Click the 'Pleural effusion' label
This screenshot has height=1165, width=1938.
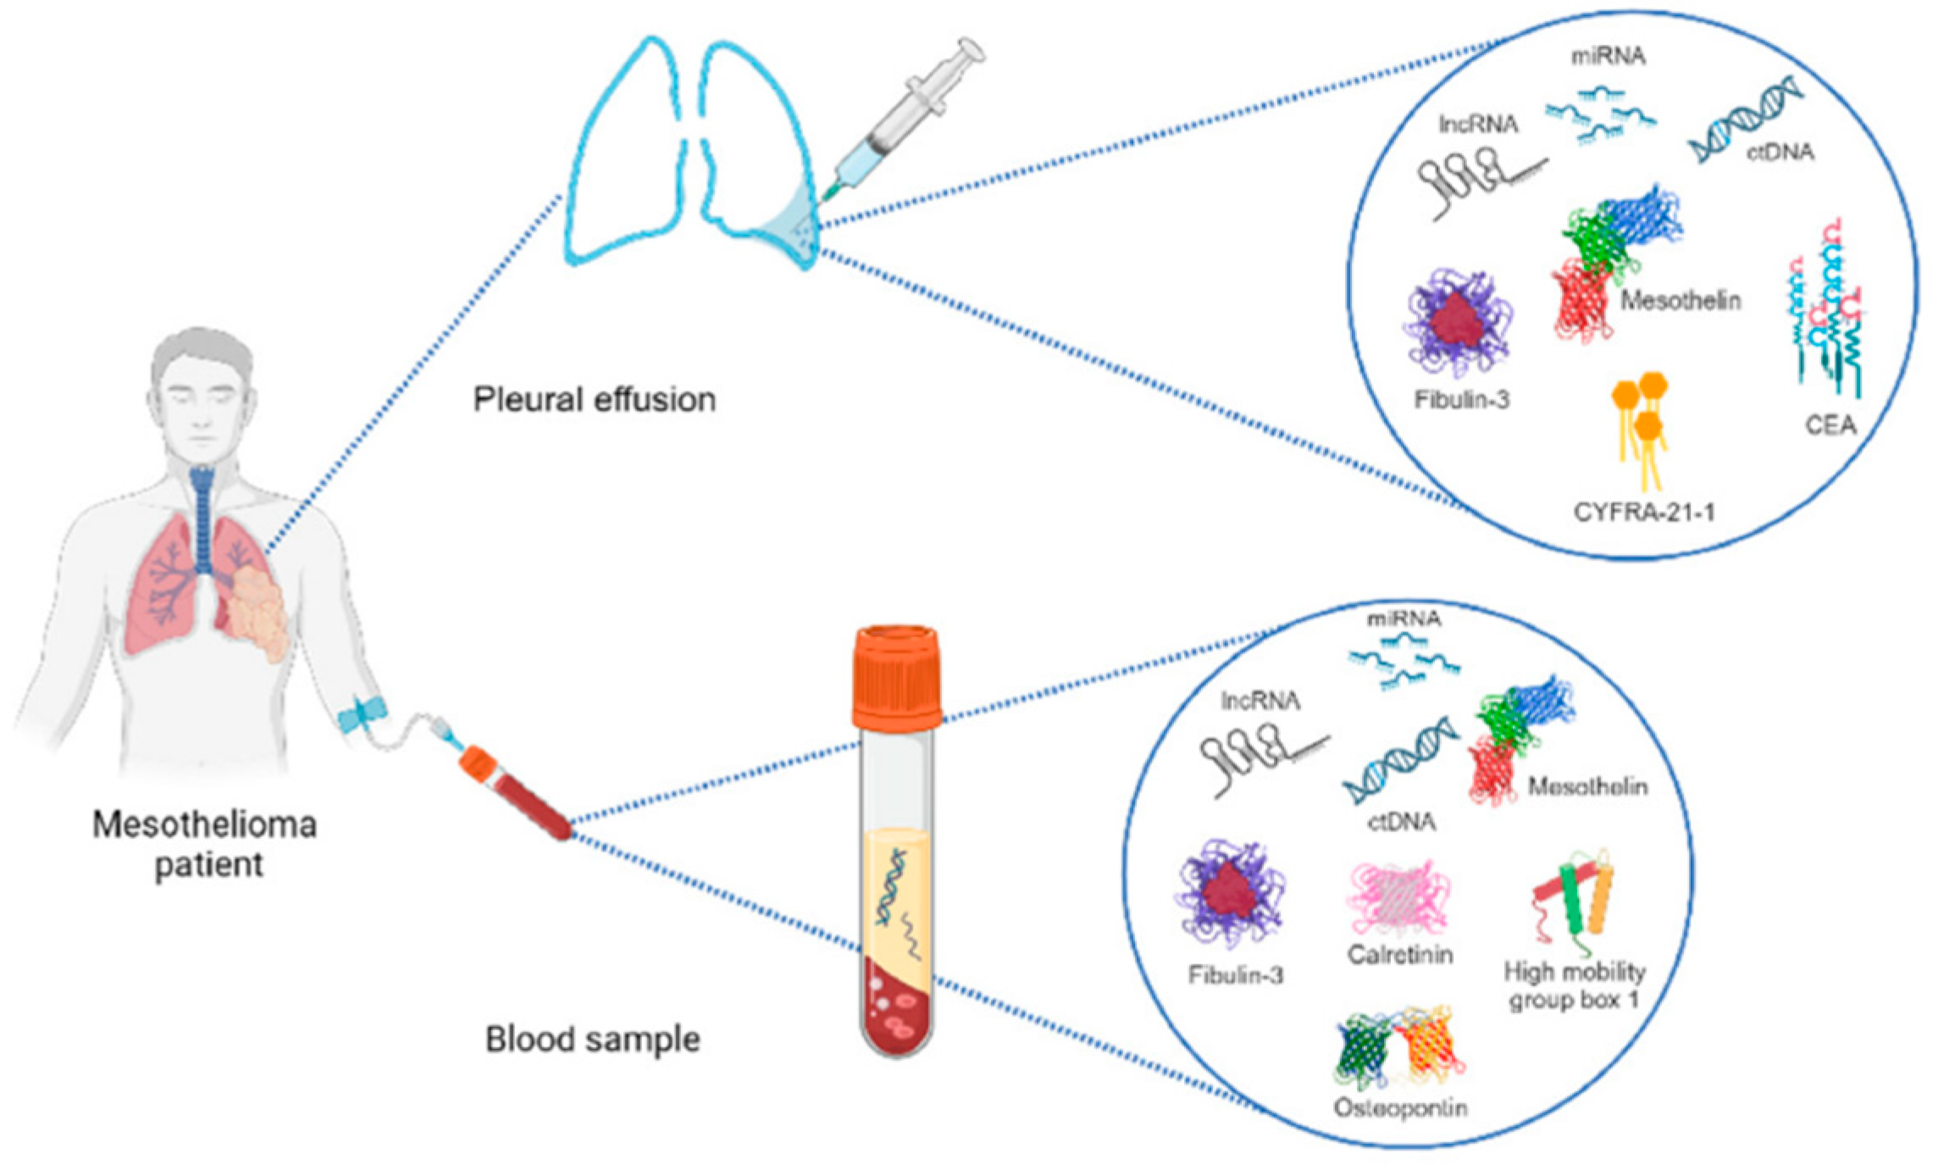coord(594,399)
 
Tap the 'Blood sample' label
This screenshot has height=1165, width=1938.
coord(592,1040)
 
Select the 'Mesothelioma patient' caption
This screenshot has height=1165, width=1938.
coord(205,844)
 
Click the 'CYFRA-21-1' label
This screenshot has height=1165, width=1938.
coord(1644,513)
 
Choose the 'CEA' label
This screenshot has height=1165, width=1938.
coord(1830,424)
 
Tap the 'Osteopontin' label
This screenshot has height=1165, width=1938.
coord(1400,1107)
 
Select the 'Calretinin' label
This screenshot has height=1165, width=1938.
coord(1399,955)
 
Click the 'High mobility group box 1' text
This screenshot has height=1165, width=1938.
coord(1575,985)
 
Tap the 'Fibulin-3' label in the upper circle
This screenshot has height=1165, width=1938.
coord(1461,399)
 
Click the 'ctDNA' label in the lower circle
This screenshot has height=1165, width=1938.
coord(1401,821)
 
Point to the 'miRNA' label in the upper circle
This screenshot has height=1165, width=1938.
coord(1608,57)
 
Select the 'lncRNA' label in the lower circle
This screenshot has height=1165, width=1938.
coord(1260,701)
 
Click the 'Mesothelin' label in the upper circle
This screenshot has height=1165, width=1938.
coord(1681,300)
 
